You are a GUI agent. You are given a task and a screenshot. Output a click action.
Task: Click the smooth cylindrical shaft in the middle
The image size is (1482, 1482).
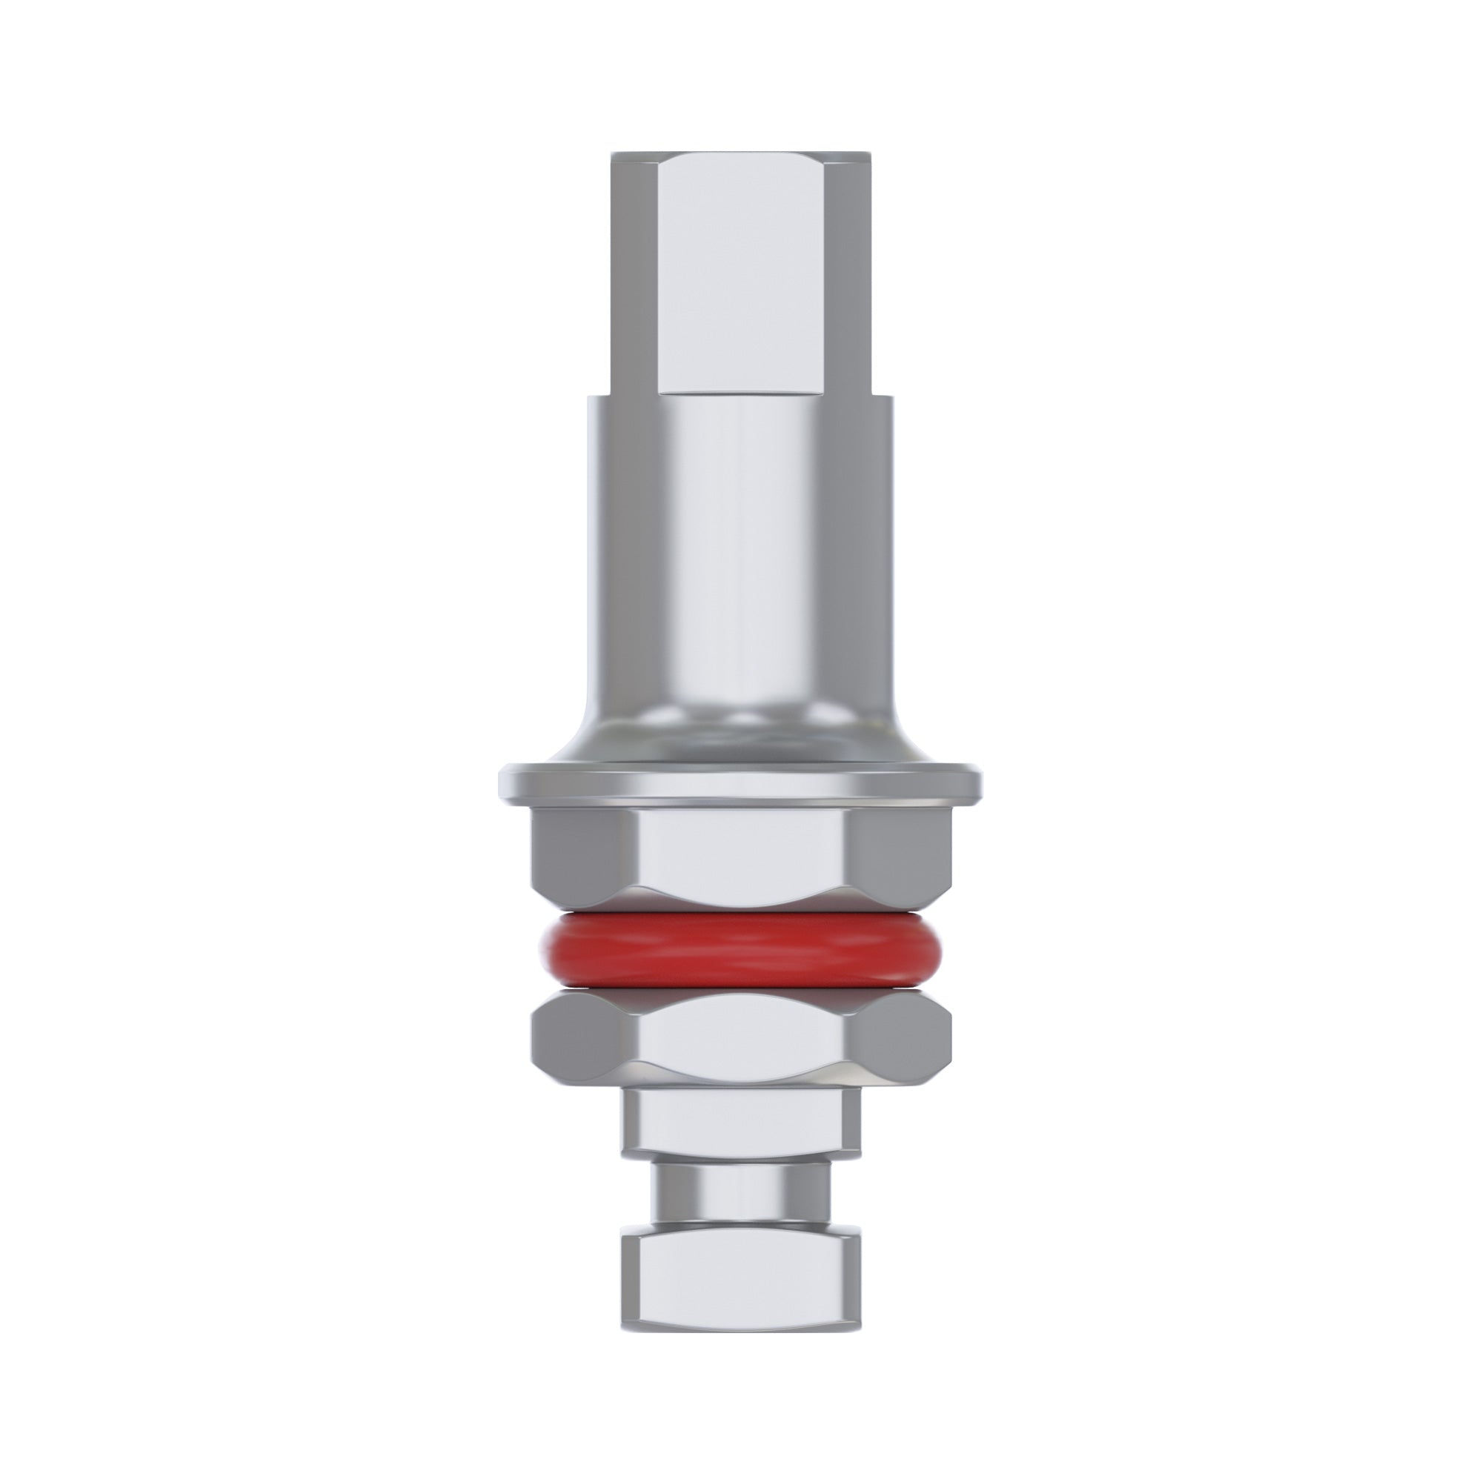[740, 537]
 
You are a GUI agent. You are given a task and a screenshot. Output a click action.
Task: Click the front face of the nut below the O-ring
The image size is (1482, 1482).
[740, 1040]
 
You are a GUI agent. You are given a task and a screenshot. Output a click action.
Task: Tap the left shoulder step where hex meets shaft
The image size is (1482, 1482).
[599, 396]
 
